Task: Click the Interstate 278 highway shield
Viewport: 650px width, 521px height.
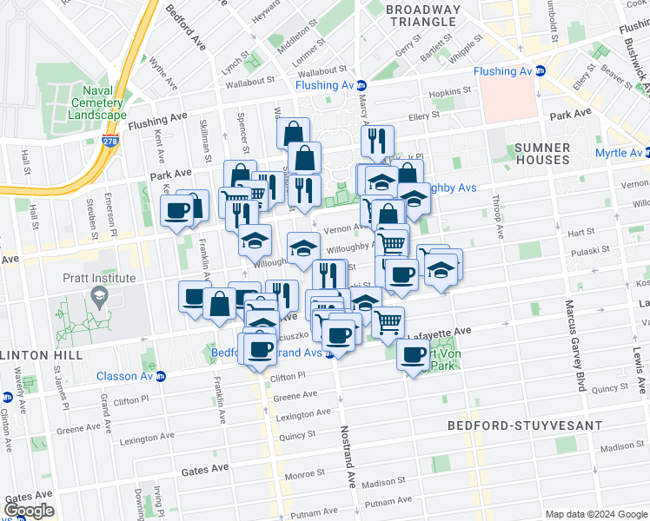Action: [109, 142]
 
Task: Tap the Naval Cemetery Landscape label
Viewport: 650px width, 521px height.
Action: [103, 103]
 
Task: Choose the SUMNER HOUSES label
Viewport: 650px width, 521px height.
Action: [541, 154]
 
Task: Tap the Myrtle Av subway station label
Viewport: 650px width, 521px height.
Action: [611, 153]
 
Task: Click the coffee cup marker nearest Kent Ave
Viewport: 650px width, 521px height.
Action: [177, 210]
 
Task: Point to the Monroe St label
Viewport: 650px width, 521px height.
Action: [304, 475]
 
